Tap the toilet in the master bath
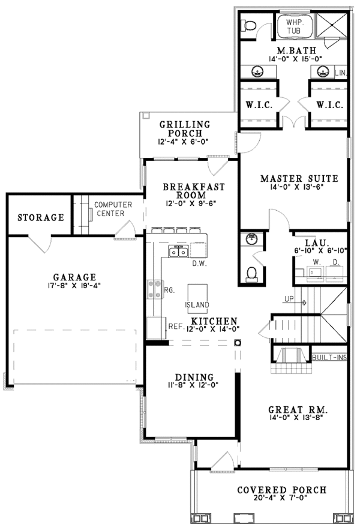[x=250, y=25]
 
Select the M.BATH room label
[x=292, y=49]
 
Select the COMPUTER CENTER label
[x=109, y=209]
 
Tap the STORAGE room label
[x=40, y=217]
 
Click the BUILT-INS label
[x=330, y=358]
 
